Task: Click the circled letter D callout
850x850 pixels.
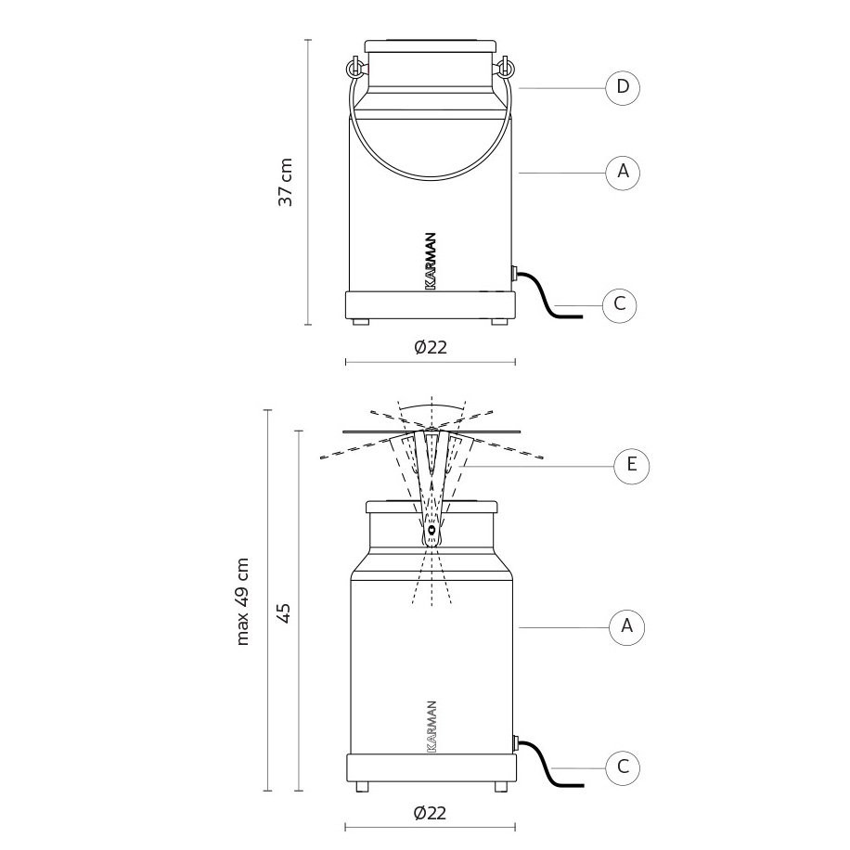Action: pyautogui.click(x=623, y=86)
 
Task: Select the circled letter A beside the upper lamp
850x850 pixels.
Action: pyautogui.click(x=623, y=172)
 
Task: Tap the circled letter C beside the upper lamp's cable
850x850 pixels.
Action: pyautogui.click(x=620, y=304)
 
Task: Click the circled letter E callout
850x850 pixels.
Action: pyautogui.click(x=632, y=465)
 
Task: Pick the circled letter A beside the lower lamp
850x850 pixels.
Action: pyautogui.click(x=626, y=626)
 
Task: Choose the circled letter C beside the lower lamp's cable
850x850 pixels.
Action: pyautogui.click(x=623, y=767)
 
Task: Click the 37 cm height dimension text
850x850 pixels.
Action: pyautogui.click(x=286, y=182)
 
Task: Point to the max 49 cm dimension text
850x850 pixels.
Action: pyautogui.click(x=243, y=601)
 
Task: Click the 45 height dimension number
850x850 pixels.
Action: pyautogui.click(x=285, y=612)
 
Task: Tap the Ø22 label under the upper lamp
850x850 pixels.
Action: pyautogui.click(x=431, y=347)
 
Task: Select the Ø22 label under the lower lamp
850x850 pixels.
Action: pyautogui.click(x=430, y=813)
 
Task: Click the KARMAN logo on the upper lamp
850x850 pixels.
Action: pyautogui.click(x=431, y=262)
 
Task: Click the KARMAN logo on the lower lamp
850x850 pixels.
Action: pyautogui.click(x=431, y=727)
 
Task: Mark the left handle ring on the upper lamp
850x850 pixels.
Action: pyautogui.click(x=354, y=67)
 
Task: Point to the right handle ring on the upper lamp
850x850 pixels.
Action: pyautogui.click(x=505, y=67)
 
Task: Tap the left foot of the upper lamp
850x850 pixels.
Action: pyautogui.click(x=360, y=321)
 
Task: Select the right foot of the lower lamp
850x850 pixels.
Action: pyautogui.click(x=501, y=787)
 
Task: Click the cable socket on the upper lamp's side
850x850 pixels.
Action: pyautogui.click(x=514, y=273)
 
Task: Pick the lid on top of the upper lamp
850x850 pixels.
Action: pyautogui.click(x=431, y=46)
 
